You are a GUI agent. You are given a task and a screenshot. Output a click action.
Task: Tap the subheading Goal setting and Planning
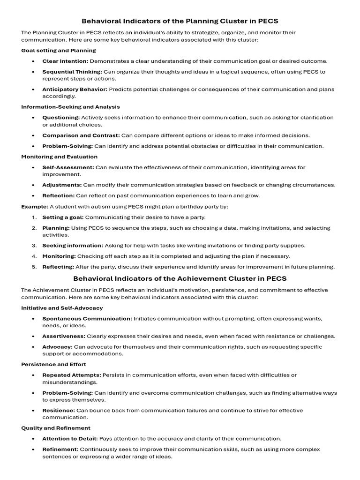point(59,50)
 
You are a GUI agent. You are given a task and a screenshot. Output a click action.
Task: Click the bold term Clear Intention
point(65,61)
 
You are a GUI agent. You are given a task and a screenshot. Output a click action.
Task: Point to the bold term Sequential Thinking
point(72,72)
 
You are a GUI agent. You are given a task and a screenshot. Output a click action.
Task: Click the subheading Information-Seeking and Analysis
point(70,107)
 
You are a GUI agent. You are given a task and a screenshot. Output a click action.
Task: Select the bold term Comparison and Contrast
point(81,135)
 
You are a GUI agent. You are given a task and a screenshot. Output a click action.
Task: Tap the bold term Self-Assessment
point(68,167)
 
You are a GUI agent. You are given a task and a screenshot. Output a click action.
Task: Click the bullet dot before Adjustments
point(33,185)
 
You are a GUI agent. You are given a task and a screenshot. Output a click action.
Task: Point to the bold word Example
point(35,207)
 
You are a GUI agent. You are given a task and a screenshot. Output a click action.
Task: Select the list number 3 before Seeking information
point(34,246)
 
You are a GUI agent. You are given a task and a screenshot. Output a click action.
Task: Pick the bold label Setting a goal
point(63,217)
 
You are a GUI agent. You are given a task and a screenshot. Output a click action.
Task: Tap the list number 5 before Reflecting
point(34,267)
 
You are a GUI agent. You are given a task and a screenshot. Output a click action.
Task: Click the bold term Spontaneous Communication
point(87,319)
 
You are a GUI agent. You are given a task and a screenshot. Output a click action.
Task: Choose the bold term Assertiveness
point(64,336)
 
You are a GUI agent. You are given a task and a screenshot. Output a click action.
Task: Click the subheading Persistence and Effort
point(53,364)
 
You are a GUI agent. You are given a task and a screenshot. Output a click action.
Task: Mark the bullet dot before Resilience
point(33,411)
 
